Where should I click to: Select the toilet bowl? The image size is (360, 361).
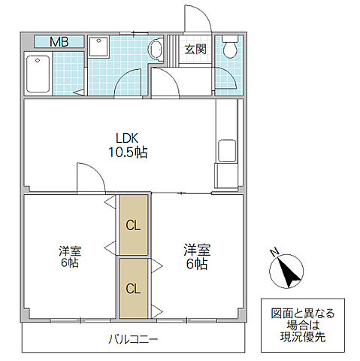[x=229, y=50]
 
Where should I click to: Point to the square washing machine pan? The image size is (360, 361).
[x=99, y=47]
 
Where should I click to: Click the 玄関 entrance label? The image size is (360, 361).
[x=195, y=50]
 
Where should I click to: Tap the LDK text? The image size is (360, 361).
[x=126, y=138]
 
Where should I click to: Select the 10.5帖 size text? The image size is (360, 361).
[x=126, y=152]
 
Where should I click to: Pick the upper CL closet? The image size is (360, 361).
[x=133, y=225]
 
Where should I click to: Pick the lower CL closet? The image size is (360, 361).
[x=133, y=288]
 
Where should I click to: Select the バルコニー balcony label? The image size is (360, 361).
[x=132, y=339]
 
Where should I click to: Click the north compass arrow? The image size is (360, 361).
[x=289, y=271]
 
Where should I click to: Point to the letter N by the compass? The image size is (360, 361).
[x=275, y=252]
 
